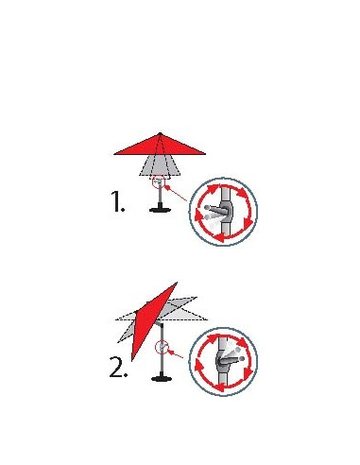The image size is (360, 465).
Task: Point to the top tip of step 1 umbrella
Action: tap(162, 133)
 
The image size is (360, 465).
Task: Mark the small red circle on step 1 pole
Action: tap(161, 182)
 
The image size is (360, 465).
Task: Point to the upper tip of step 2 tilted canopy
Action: tap(176, 283)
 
